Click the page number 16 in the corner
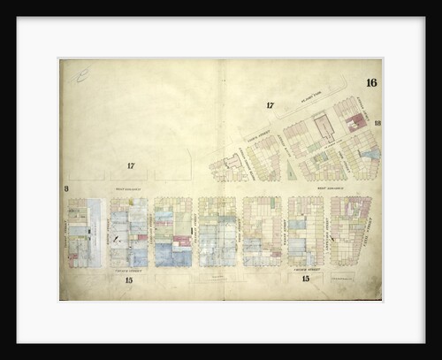point(370,83)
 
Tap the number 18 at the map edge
point(377,124)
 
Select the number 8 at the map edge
point(66,188)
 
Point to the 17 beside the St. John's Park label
point(271,106)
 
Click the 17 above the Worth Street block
point(130,165)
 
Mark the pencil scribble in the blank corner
point(82,78)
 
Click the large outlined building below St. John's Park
point(324,128)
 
